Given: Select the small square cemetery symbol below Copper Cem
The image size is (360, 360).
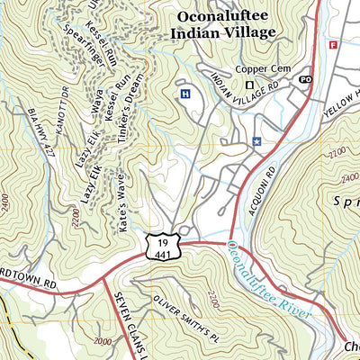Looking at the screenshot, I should tap(251, 86).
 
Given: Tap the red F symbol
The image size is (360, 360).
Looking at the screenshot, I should tap(332, 44).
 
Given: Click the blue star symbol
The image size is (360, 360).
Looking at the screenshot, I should tap(256, 140).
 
